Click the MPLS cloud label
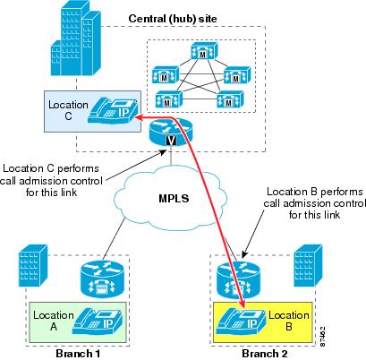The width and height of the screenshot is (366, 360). tap(174, 198)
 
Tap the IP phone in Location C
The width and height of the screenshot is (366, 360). tap(114, 111)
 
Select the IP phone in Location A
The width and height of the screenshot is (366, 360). tap(98, 321)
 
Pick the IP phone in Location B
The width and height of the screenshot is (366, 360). tap(241, 321)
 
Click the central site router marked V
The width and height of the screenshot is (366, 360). tap(171, 132)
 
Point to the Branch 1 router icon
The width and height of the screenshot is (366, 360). tap(102, 279)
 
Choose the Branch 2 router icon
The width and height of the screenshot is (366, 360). tap(238, 279)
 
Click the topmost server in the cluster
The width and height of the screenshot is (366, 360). tap(204, 51)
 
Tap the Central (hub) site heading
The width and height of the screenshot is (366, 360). tap(173, 19)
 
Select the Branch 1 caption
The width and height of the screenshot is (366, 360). tap(78, 354)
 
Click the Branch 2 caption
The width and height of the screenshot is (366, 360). tap(265, 354)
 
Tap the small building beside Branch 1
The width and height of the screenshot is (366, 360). tap(33, 265)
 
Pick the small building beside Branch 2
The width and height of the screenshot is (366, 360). tap(308, 265)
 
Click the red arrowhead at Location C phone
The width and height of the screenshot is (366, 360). tap(138, 117)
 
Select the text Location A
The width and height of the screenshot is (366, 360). tap(54, 321)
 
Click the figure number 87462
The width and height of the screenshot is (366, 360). tap(322, 337)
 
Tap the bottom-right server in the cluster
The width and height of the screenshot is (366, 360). tap(230, 99)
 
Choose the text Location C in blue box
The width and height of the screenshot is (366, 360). tap(68, 110)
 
